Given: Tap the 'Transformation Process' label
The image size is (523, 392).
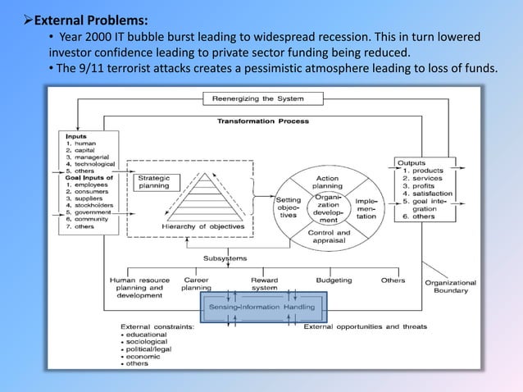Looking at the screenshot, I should [x=262, y=121].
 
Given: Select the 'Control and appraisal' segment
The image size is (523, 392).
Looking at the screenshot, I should [x=327, y=236].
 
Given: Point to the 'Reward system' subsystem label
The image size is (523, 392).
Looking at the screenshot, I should [x=264, y=284].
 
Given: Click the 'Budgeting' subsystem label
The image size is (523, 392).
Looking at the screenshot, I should [x=334, y=280].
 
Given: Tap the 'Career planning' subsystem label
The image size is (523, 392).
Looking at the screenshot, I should [x=196, y=284].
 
